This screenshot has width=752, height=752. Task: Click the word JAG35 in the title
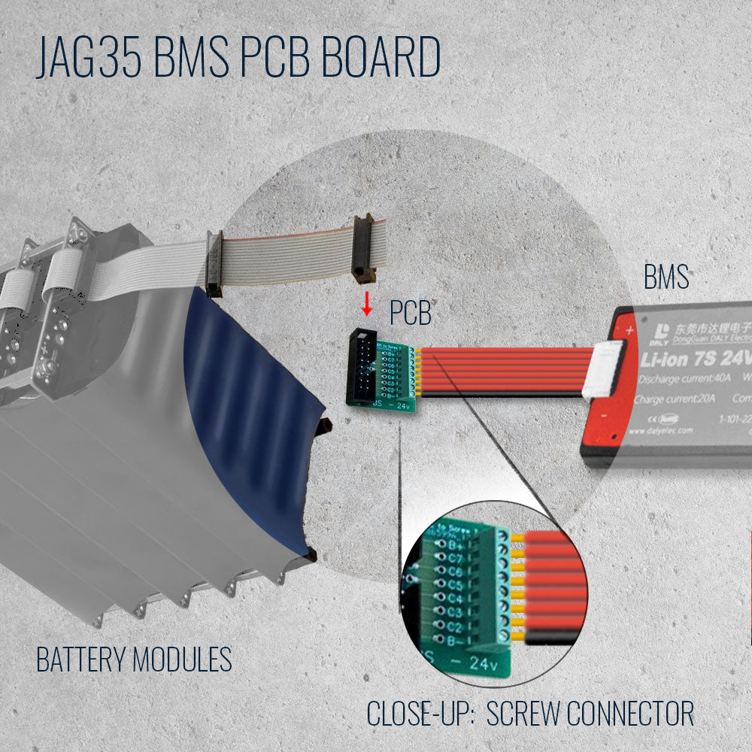[x=89, y=58]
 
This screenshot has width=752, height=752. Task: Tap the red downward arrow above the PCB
[x=367, y=303]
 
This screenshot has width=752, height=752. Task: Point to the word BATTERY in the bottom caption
[x=81, y=660]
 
